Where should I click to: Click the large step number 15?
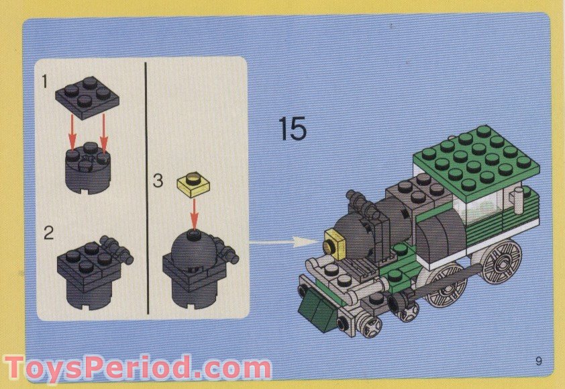click(293, 129)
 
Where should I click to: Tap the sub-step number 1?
click(45, 83)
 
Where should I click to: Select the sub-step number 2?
click(48, 233)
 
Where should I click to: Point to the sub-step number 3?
click(158, 181)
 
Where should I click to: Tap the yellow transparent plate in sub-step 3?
click(193, 183)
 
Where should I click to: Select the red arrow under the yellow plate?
click(193, 214)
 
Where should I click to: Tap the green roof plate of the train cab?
click(476, 158)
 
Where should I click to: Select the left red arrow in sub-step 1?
click(72, 134)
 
